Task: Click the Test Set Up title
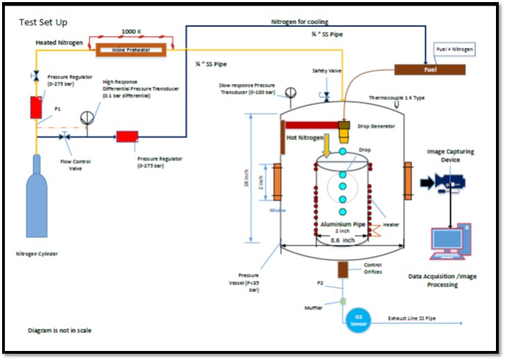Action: point(43,22)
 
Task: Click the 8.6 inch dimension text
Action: point(343,240)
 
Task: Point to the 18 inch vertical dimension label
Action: point(257,179)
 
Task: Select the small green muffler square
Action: point(342,301)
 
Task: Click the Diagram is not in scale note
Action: point(59,330)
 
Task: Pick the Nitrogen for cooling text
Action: point(299,22)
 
